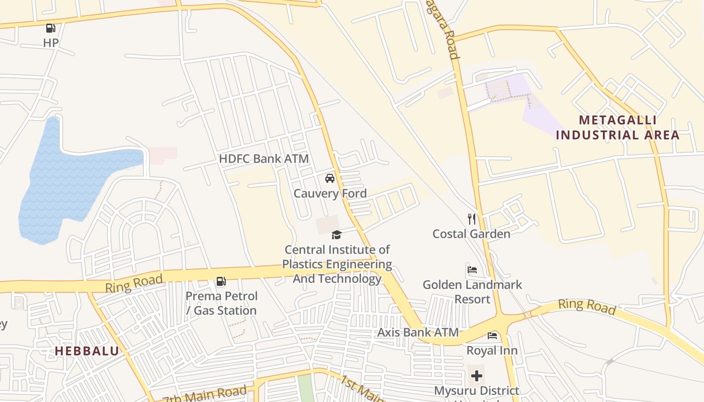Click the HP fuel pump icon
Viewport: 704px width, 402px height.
tap(50, 28)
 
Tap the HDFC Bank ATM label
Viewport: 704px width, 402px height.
tap(263, 159)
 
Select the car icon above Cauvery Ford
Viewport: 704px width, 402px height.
tap(330, 178)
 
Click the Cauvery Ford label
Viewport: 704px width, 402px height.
tap(330, 193)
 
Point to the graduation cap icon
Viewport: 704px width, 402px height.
tap(336, 235)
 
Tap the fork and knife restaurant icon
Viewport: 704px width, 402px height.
tap(471, 219)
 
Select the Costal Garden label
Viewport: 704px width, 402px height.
tap(471, 234)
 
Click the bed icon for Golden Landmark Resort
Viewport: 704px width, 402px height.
tap(472, 269)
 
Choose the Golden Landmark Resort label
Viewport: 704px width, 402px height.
tap(472, 291)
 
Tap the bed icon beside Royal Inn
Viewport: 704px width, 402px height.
tap(492, 335)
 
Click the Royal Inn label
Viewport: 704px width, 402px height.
tap(492, 350)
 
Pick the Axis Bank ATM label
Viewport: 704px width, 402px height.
tap(418, 332)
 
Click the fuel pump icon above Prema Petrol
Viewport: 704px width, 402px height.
tap(221, 281)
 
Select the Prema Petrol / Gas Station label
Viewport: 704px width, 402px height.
tap(221, 303)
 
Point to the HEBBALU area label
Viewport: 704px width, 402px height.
tap(86, 351)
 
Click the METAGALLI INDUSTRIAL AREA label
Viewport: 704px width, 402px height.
tap(618, 128)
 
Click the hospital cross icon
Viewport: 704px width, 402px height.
tap(477, 375)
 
